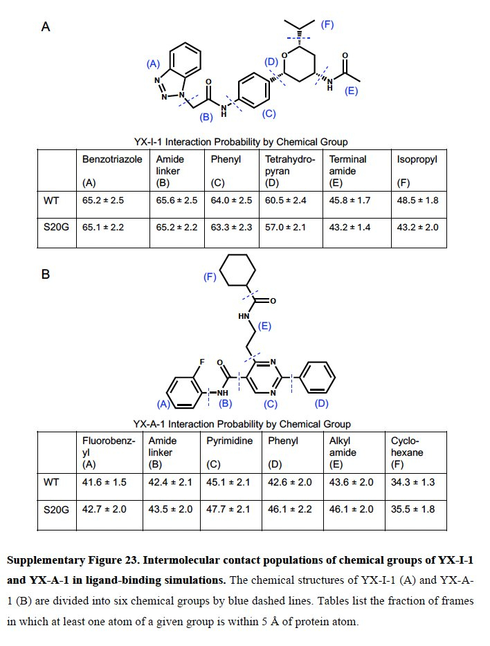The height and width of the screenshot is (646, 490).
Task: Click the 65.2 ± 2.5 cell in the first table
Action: point(102,201)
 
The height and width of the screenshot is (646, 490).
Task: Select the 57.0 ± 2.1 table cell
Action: point(287,227)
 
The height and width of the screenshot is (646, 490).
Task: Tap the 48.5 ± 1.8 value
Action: point(417,201)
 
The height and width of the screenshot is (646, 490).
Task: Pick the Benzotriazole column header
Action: point(112,159)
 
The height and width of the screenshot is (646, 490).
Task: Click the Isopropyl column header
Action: point(417,159)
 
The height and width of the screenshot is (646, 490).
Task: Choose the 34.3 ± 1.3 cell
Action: point(413,482)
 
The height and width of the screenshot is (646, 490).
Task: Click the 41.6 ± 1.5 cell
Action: point(103,482)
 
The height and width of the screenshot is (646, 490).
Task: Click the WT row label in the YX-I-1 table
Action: point(51,201)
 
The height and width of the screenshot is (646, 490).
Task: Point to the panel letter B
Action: point(46,275)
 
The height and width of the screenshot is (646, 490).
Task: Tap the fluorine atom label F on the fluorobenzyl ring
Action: point(201,362)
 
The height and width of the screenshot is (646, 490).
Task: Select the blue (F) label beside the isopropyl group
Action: point(327,25)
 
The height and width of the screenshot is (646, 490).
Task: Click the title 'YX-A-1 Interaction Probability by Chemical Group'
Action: point(242,424)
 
